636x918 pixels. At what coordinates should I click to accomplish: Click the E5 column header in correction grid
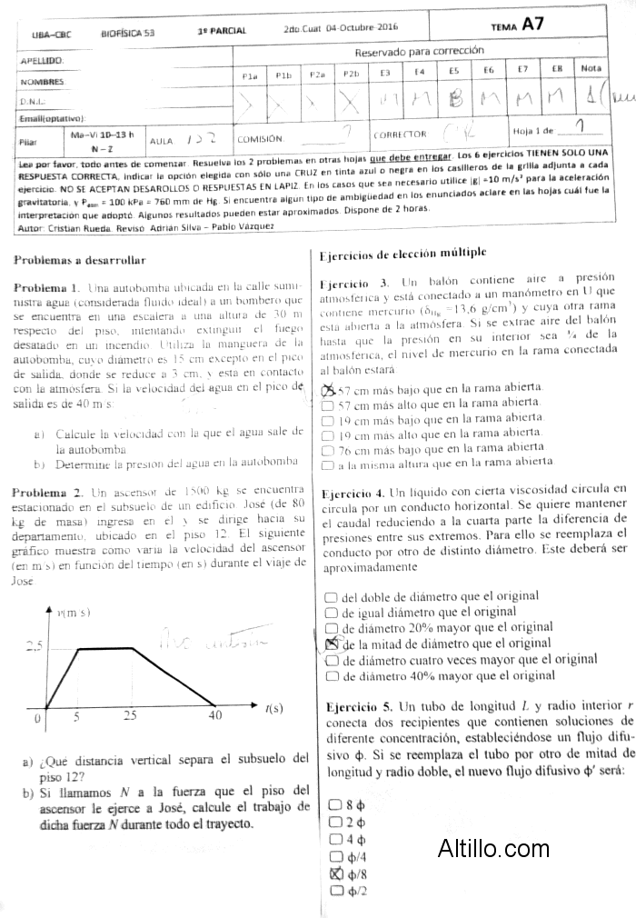click(x=453, y=70)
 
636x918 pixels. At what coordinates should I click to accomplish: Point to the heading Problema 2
click(x=47, y=491)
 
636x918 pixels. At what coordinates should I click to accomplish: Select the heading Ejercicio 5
click(x=357, y=706)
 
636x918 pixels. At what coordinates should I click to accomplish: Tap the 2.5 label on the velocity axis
click(x=34, y=647)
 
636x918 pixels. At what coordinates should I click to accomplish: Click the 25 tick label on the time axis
click(x=131, y=715)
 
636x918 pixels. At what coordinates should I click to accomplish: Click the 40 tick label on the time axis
click(x=214, y=715)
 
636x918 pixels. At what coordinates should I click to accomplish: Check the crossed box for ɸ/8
click(x=336, y=874)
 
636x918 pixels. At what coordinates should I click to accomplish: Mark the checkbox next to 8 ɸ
click(x=336, y=805)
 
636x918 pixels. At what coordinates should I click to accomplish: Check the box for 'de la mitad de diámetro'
click(x=331, y=643)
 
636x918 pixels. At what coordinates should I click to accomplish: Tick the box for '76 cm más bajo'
click(x=329, y=449)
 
